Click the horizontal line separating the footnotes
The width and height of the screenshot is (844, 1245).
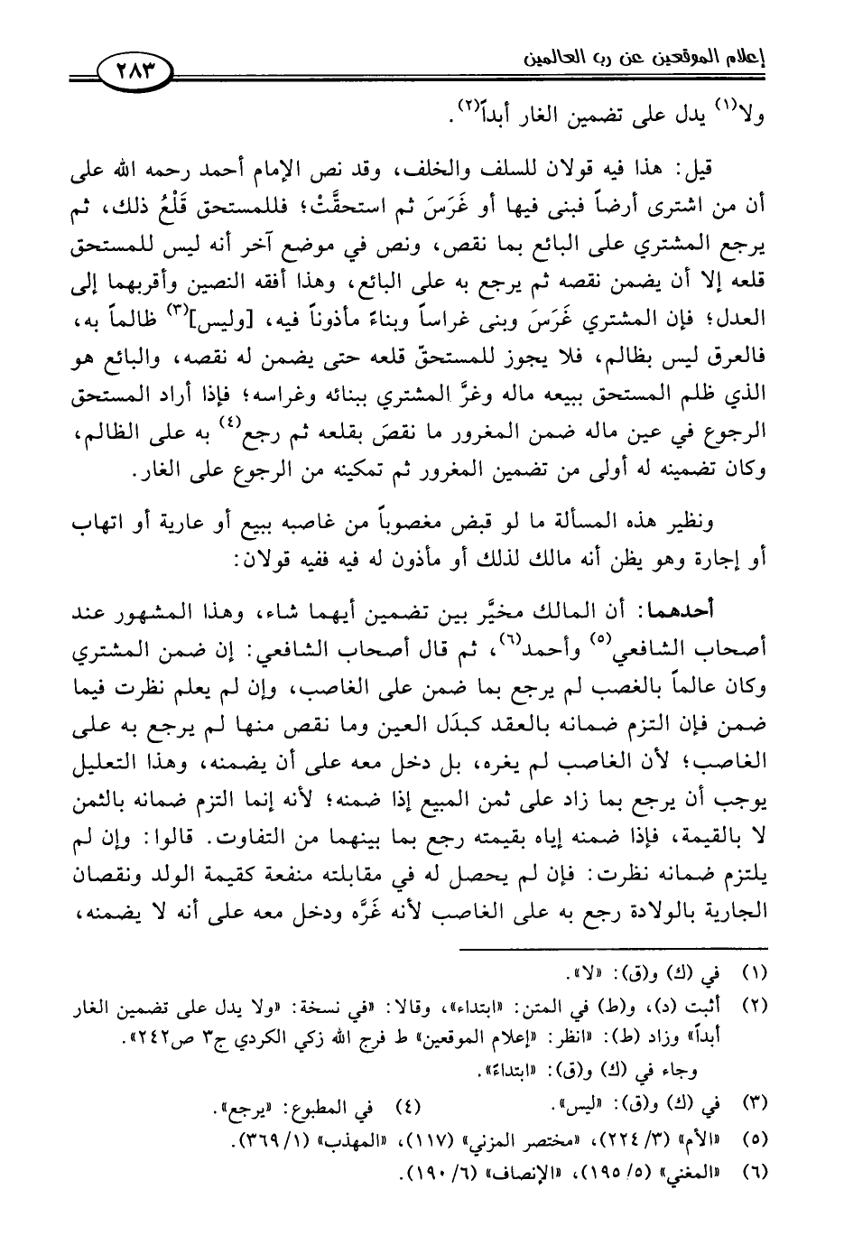614,948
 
